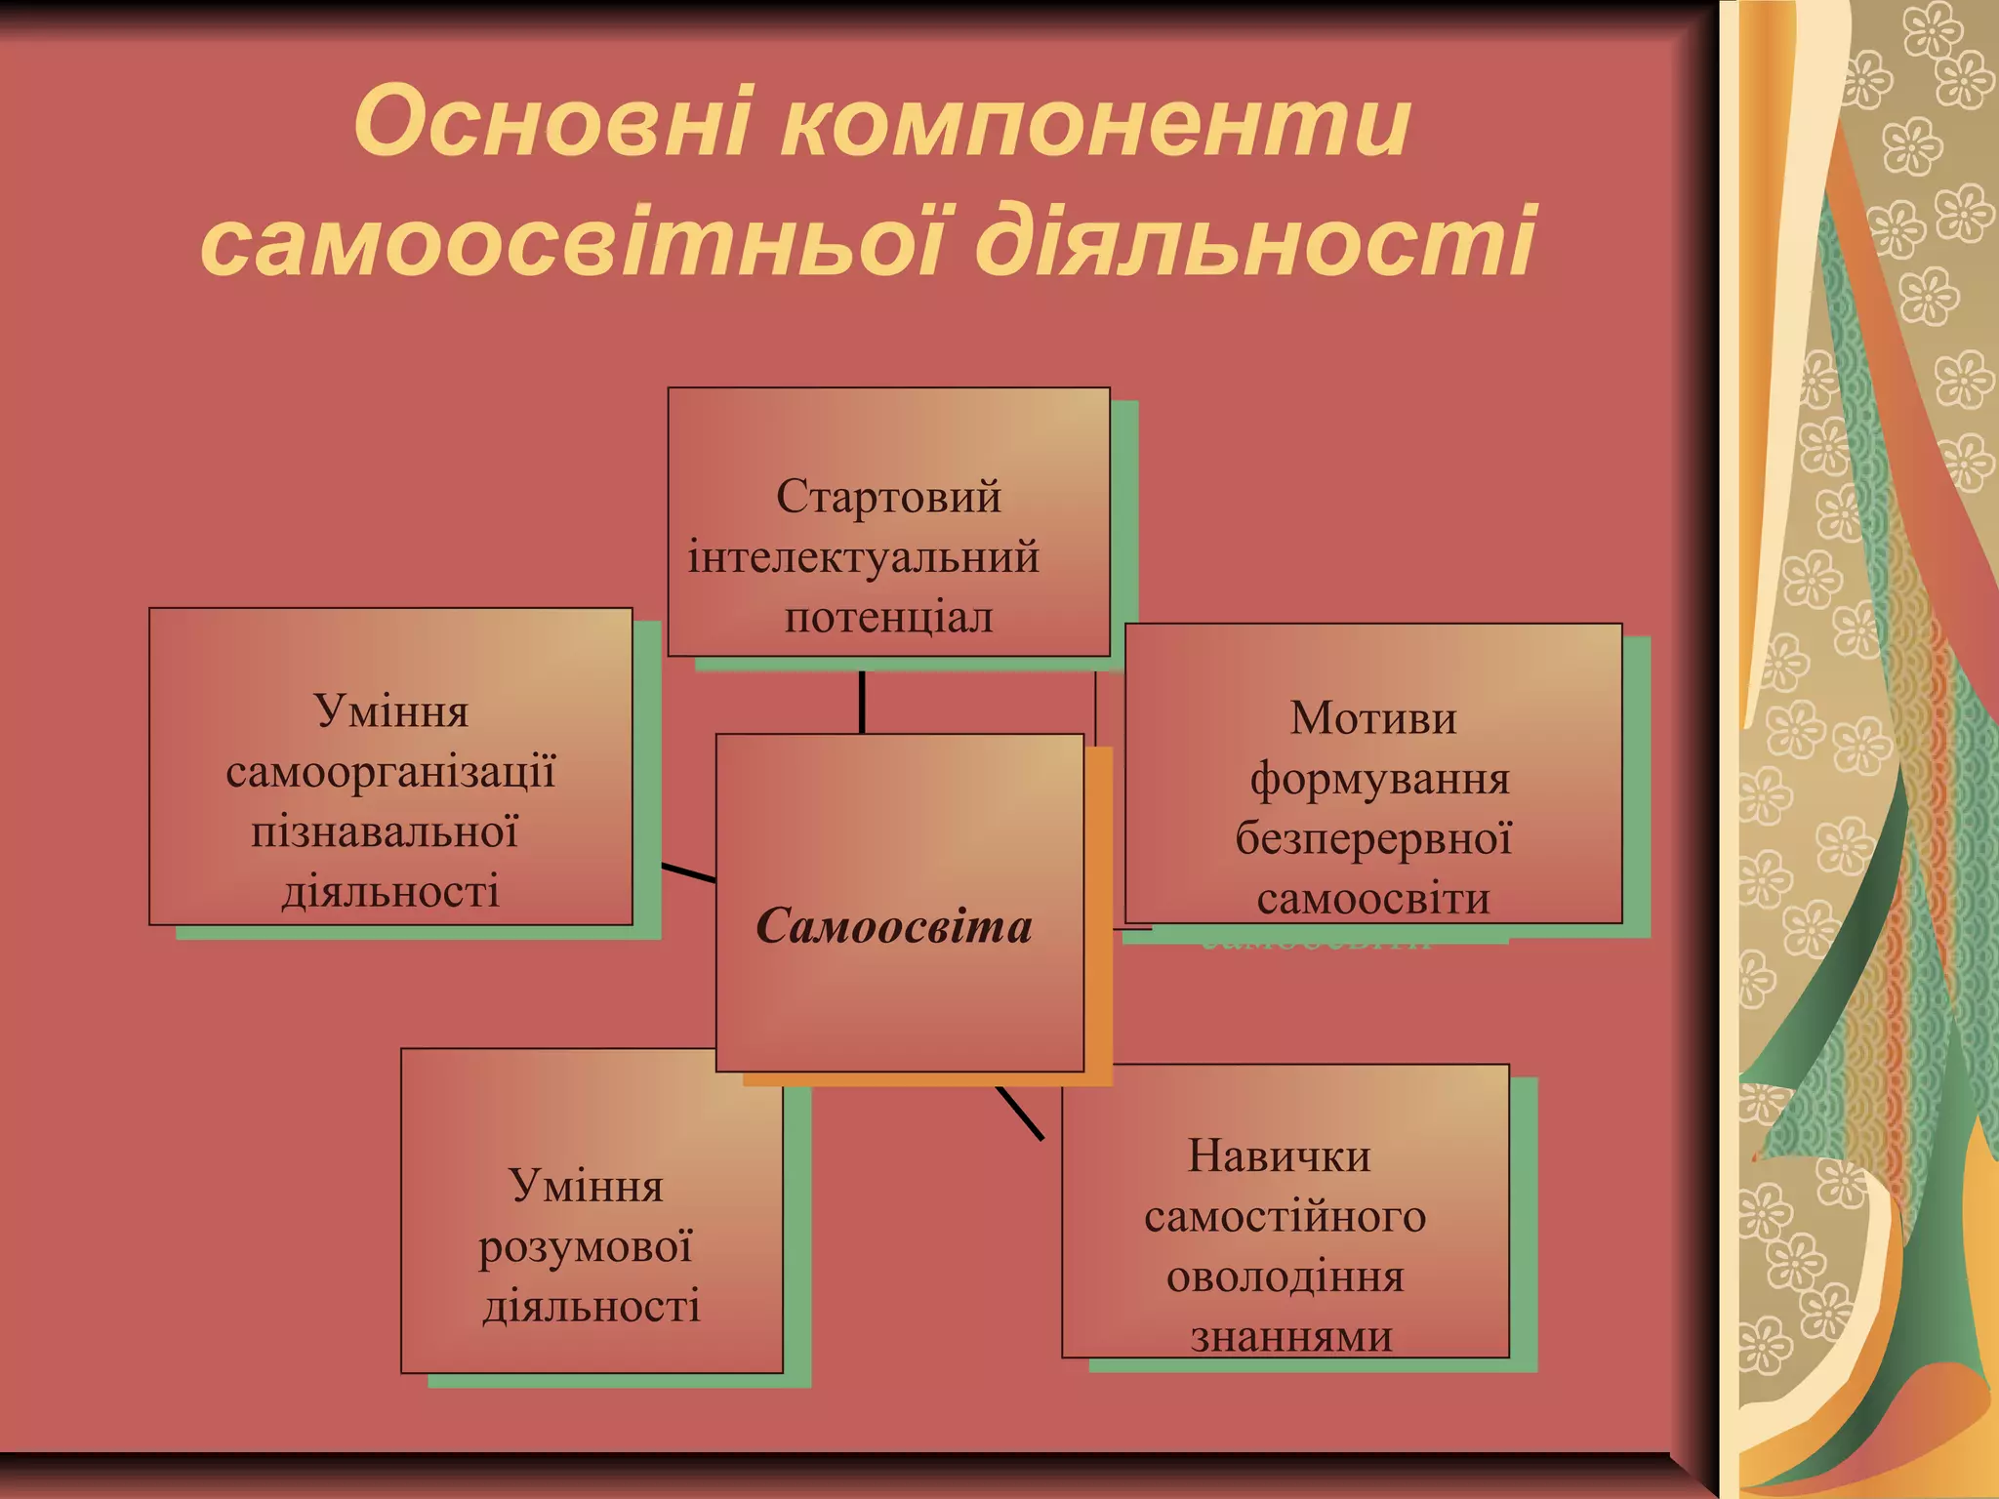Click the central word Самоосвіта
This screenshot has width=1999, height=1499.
click(894, 925)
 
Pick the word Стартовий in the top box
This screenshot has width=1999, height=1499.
click(888, 497)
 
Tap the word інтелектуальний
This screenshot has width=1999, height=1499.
click(864, 557)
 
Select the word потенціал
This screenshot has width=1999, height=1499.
click(888, 618)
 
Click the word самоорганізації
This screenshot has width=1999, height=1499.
click(390, 772)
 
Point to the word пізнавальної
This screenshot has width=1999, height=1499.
click(385, 831)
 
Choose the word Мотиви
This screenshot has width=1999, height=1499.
click(1373, 718)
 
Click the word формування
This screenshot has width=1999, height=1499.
click(1379, 779)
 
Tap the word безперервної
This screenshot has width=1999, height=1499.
click(1373, 838)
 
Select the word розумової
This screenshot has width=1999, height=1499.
click(586, 1247)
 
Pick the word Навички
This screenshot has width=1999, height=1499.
click(1279, 1156)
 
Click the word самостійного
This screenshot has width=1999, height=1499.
click(1285, 1217)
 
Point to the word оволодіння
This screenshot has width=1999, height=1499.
click(1285, 1277)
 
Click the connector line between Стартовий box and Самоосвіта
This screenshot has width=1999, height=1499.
click(862, 702)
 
